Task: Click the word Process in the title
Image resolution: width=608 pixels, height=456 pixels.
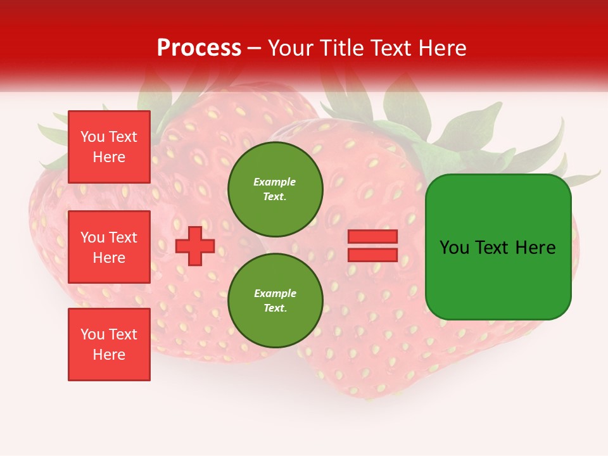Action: [x=199, y=48]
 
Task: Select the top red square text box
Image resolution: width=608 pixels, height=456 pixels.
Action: [x=109, y=147]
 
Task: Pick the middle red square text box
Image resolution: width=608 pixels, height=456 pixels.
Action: [x=109, y=247]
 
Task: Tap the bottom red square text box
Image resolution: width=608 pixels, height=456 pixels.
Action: [x=109, y=345]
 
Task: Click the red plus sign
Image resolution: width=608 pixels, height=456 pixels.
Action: [x=195, y=246]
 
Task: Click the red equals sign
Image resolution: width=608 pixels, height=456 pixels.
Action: [x=373, y=246]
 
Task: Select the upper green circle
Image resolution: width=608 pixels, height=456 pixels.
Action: [x=275, y=189]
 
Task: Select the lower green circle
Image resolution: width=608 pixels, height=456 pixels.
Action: [x=275, y=301]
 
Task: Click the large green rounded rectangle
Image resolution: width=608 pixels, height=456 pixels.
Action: [x=498, y=247]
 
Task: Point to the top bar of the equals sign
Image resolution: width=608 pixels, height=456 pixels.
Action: [x=373, y=237]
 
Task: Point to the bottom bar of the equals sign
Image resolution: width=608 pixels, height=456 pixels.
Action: [x=373, y=255]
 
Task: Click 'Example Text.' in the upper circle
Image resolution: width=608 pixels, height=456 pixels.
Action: [x=275, y=189]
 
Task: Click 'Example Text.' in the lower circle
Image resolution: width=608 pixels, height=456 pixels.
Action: [x=275, y=301]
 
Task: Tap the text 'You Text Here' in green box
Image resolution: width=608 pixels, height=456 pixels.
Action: [x=498, y=248]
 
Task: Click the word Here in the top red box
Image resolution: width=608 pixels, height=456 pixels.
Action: [x=109, y=157]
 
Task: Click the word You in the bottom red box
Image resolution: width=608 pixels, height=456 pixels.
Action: [x=92, y=334]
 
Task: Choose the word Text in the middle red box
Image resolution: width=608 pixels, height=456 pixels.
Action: [x=123, y=237]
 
